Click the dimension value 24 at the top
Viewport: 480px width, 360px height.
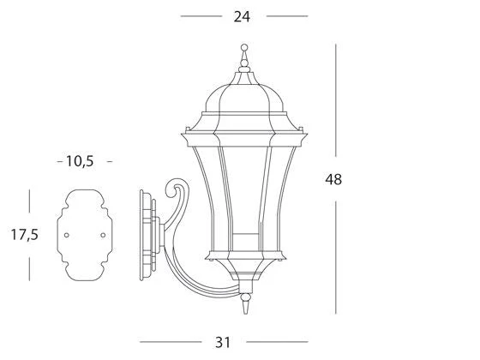click(x=242, y=16)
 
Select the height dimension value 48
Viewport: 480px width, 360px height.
click(x=333, y=179)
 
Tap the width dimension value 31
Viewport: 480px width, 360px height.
click(x=223, y=342)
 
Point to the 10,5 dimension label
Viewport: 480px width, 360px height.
click(x=80, y=161)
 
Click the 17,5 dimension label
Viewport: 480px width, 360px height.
click(x=25, y=235)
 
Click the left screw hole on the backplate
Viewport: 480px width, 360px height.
click(x=67, y=235)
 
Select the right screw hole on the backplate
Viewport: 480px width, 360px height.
click(x=103, y=235)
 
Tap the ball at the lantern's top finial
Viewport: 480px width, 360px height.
click(x=244, y=47)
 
